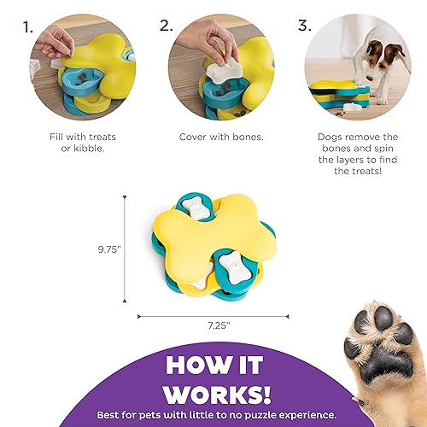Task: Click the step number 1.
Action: click(x=27, y=28)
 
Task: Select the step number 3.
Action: click(x=305, y=25)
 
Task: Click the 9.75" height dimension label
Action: click(x=109, y=249)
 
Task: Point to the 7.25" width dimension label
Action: click(x=219, y=325)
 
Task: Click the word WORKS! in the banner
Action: click(x=218, y=394)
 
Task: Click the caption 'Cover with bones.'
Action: click(x=221, y=137)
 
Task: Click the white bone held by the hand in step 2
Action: click(x=225, y=73)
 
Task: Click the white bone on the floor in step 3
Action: click(x=352, y=108)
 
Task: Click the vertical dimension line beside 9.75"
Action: click(x=125, y=249)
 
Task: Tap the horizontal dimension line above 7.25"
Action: click(x=213, y=316)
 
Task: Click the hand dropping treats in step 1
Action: click(x=55, y=43)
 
